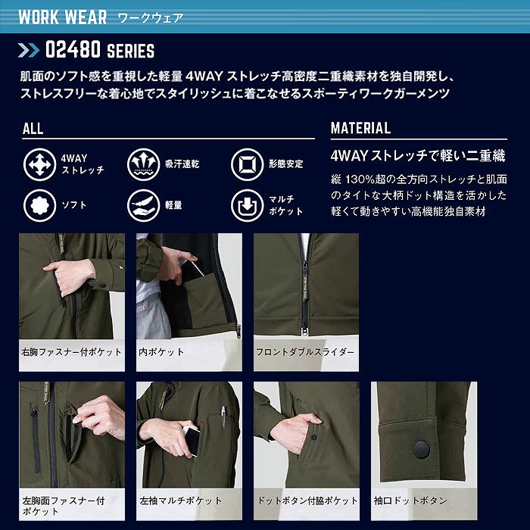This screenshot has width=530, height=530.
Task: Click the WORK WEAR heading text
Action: pyautogui.click(x=58, y=17)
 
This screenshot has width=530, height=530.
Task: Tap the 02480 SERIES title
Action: pyautogui.click(x=99, y=51)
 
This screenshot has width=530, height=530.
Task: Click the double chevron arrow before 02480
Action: pyautogui.click(x=28, y=51)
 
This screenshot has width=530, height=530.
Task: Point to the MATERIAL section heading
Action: pyautogui.click(x=360, y=128)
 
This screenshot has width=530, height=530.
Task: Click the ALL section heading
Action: pyautogui.click(x=33, y=128)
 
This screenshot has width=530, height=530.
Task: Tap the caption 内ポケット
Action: pyautogui.click(x=161, y=352)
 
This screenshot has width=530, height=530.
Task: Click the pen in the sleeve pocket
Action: pyautogui.click(x=225, y=416)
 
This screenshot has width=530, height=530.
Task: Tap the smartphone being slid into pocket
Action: pyautogui.click(x=191, y=441)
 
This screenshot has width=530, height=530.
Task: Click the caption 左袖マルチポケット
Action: pyautogui.click(x=180, y=500)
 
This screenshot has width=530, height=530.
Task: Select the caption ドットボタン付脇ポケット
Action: pyautogui.click(x=307, y=500)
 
